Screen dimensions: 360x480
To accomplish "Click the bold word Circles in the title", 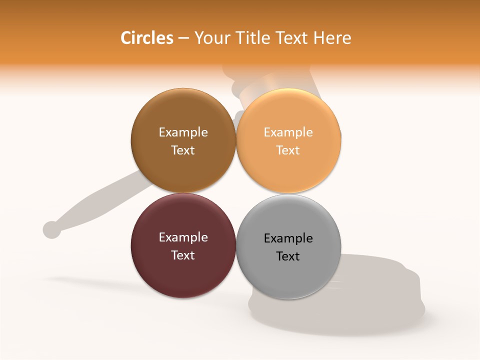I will (x=146, y=38).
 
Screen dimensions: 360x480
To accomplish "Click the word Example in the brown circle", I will (x=183, y=132).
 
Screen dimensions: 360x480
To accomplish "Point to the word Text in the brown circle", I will (x=183, y=150).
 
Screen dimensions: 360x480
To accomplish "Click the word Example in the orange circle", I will (x=288, y=132).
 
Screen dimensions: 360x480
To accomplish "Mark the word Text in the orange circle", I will (x=288, y=150).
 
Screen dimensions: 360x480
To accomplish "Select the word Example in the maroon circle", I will (x=183, y=237).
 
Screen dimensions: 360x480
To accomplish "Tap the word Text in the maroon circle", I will (x=183, y=255).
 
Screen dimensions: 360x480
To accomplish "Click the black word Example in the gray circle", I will (x=288, y=238).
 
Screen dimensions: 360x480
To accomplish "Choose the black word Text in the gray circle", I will (x=288, y=256).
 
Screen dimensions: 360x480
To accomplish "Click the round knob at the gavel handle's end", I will (x=51, y=229).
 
